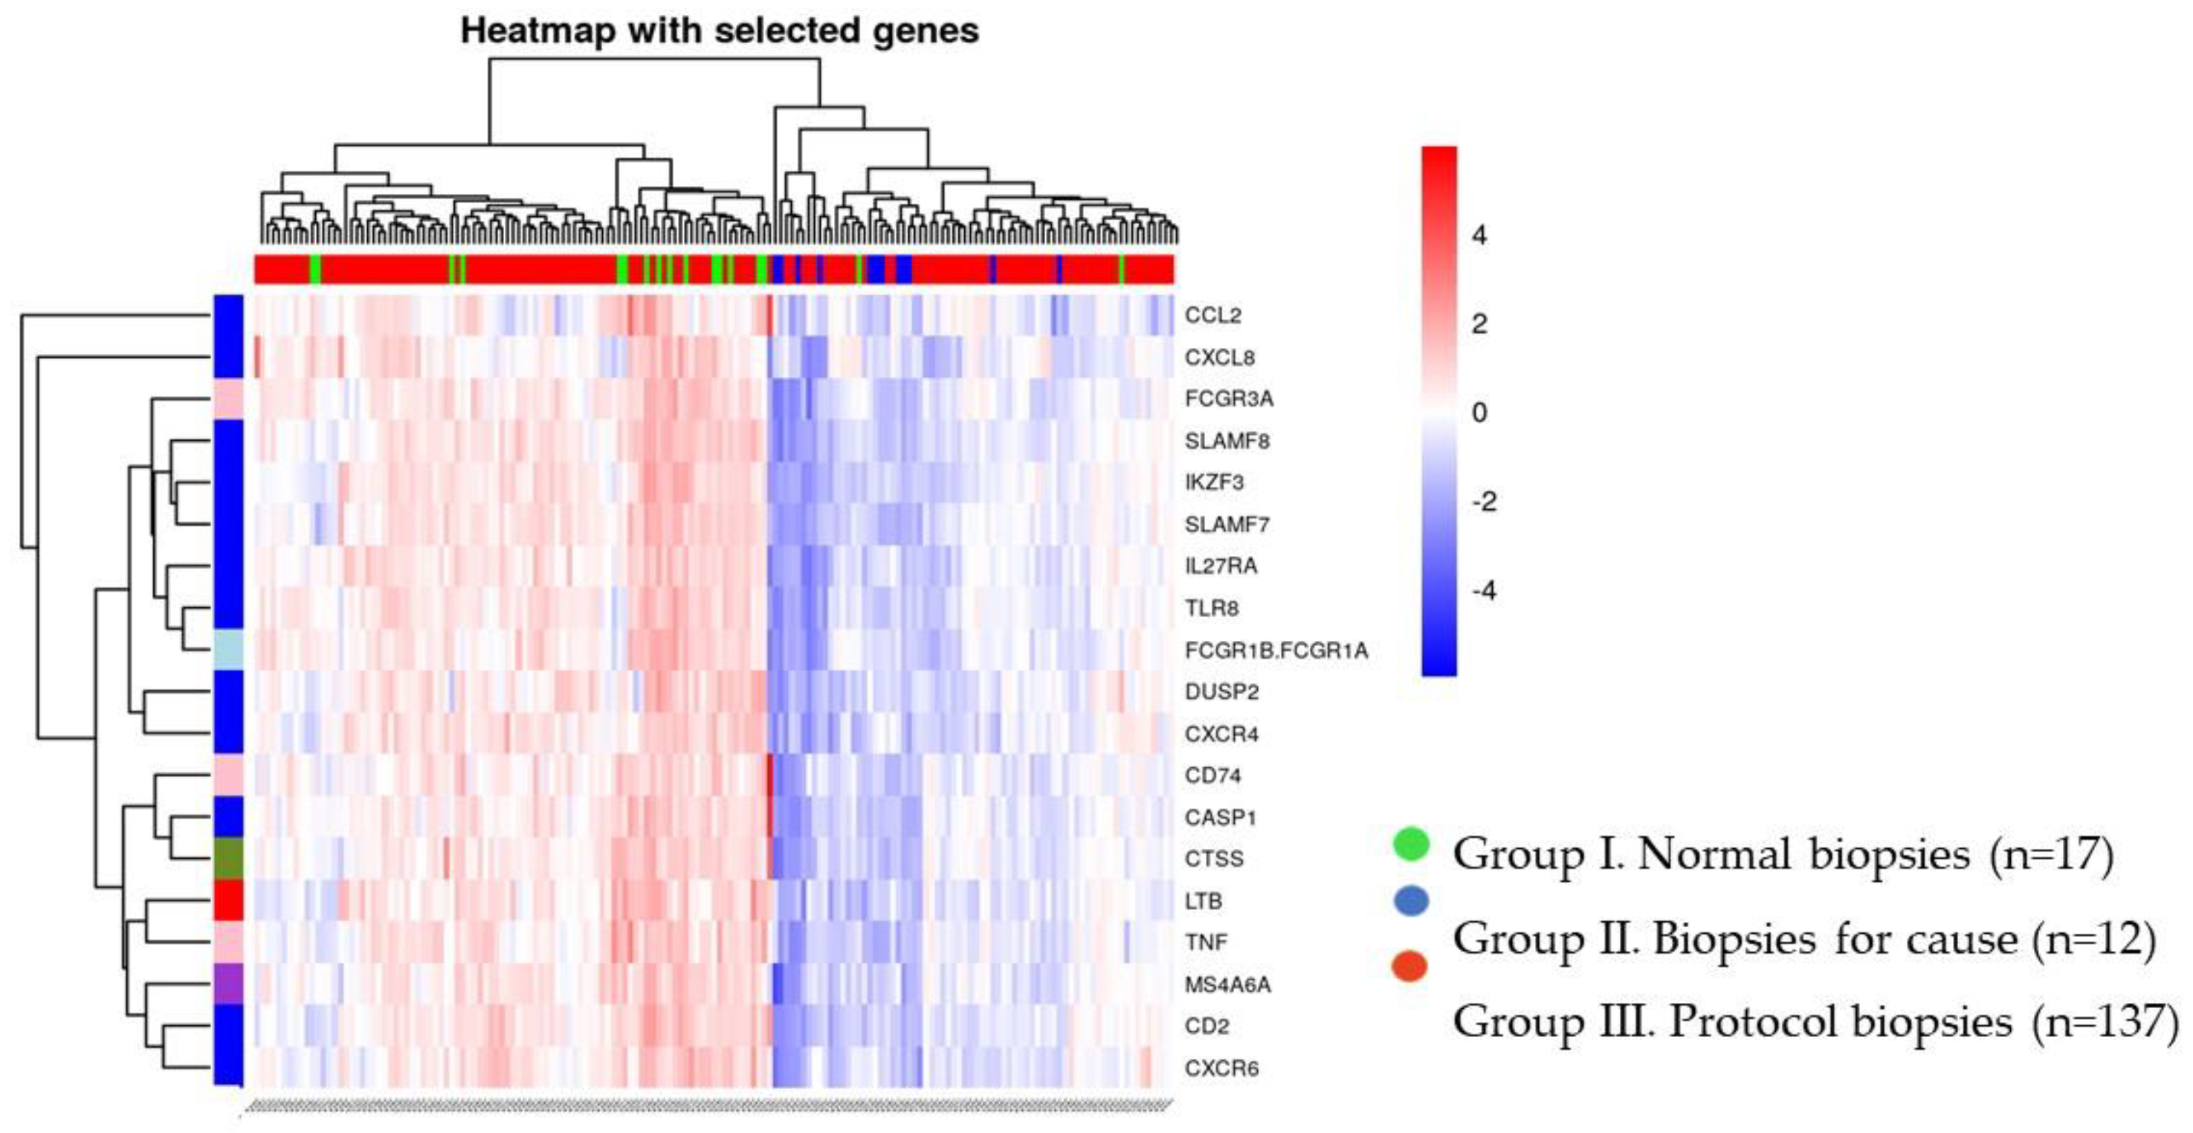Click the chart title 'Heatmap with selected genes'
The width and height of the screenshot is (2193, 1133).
point(720,31)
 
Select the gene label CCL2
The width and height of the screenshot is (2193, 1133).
point(1212,315)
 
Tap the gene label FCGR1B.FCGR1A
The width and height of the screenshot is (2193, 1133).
point(1275,651)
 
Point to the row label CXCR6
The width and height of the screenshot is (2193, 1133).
point(1221,1068)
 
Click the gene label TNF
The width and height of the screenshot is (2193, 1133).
point(1206,943)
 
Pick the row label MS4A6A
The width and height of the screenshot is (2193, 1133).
point(1227,984)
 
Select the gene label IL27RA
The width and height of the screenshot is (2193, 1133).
point(1220,566)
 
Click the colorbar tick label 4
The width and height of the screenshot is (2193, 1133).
point(1479,235)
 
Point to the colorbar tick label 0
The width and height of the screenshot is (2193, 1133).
point(1479,412)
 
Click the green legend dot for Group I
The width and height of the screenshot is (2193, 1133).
point(1411,843)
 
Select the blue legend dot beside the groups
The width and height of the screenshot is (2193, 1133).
point(1411,900)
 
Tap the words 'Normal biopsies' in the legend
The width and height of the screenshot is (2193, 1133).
point(1803,853)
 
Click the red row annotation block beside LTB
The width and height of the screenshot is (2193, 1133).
point(228,900)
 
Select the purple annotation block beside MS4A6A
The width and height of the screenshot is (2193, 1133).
point(228,983)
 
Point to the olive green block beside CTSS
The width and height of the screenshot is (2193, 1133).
point(228,858)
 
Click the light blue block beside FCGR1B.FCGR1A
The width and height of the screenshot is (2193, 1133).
point(228,650)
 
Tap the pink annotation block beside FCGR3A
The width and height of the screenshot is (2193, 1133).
point(228,398)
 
